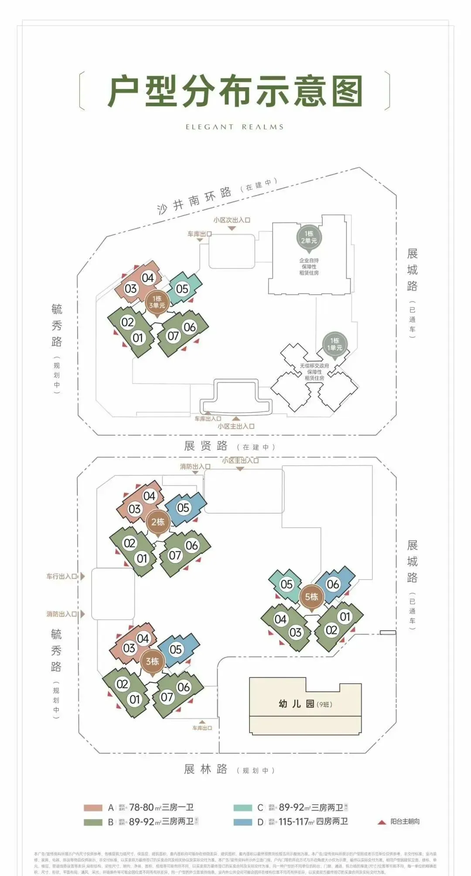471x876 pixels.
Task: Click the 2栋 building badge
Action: coord(157,522)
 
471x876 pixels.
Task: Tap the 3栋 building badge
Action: coord(152,661)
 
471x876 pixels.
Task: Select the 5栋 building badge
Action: coord(311,597)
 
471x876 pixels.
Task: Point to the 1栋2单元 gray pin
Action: coord(309,237)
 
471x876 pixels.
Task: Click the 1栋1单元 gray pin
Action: coord(334,344)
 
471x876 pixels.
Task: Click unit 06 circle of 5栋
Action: coord(333,584)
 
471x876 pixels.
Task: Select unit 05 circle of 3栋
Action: coord(175,649)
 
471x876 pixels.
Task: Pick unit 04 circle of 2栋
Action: coord(149,496)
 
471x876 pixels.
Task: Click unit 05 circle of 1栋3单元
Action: coord(182,289)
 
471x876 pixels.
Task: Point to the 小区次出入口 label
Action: coord(232,220)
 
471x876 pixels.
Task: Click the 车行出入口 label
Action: coord(62,576)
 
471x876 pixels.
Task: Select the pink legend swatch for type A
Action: coord(93,808)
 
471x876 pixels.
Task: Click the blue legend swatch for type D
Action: coord(243,822)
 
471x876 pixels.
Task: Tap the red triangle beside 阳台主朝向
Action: coord(382,822)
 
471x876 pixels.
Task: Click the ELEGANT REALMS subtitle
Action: coord(235,127)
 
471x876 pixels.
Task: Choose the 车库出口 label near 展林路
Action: coord(202,728)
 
